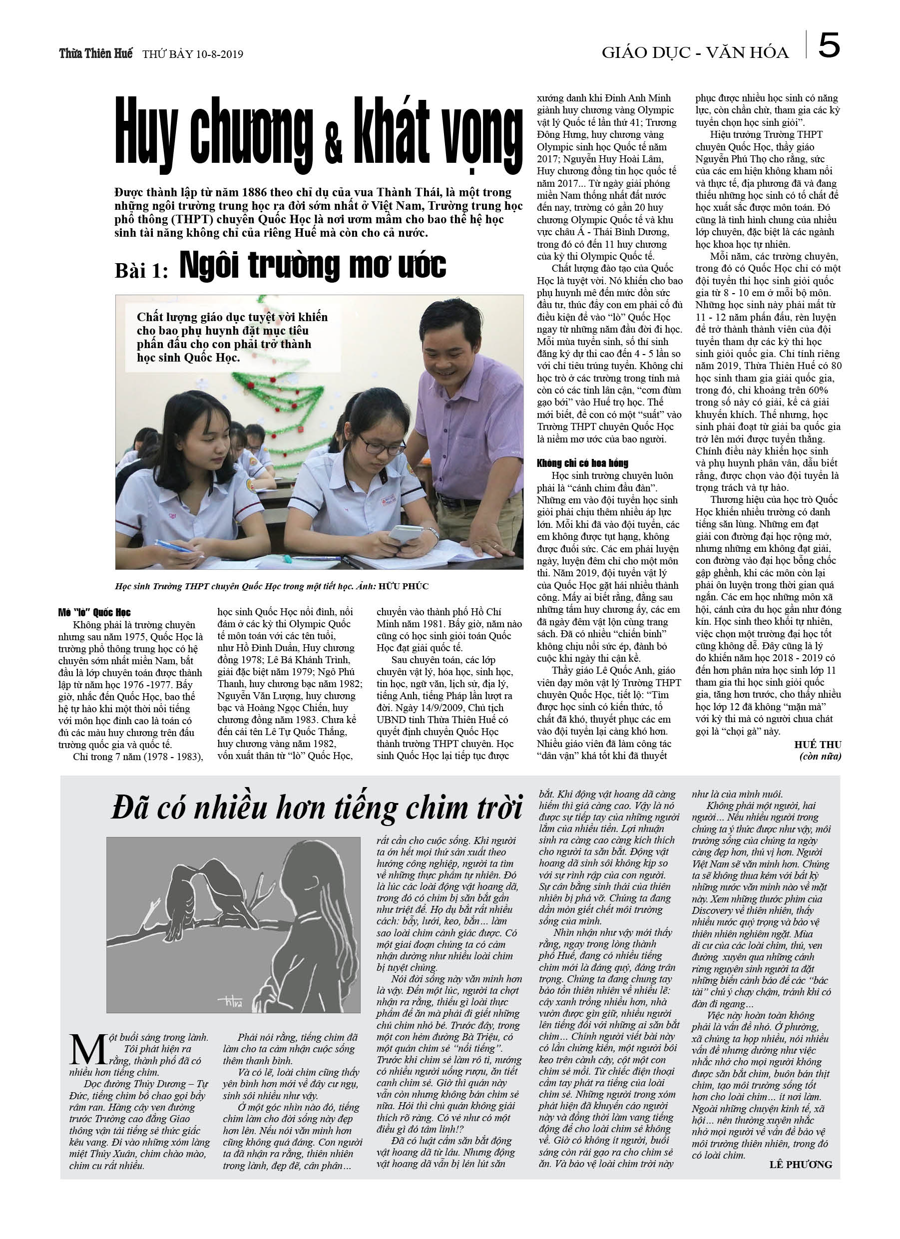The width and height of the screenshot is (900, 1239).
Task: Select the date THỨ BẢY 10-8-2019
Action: [x=192, y=54]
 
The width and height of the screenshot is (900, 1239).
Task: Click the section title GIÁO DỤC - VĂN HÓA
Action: [x=695, y=52]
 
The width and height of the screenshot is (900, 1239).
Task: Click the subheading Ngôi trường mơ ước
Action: [x=313, y=266]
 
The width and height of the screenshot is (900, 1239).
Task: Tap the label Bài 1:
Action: [x=141, y=270]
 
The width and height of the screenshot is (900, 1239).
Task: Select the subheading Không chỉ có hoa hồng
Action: [x=582, y=463]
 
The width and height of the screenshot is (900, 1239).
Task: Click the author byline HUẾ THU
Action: [x=818, y=744]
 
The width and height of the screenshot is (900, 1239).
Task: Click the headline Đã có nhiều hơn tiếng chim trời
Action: [x=317, y=809]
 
